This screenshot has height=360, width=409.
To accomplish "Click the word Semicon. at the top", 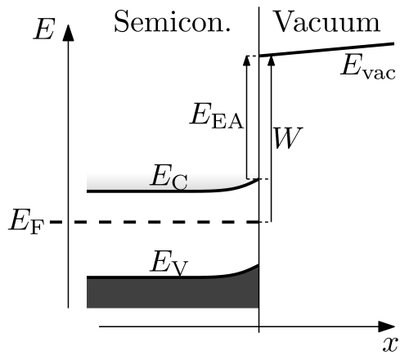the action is tap(173, 21).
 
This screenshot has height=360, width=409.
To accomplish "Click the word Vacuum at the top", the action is tap(326, 21).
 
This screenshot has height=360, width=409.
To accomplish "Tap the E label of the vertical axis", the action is tap(44, 29).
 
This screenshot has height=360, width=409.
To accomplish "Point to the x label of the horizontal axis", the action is tap(390, 344).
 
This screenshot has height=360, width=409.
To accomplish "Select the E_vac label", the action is tap(368, 66).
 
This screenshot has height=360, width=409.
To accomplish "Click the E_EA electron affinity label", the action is tap(217, 115).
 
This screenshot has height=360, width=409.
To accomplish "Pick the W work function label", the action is tap(288, 137).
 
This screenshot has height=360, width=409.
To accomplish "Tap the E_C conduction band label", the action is tap(169, 177).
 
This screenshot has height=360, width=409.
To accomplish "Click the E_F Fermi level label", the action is tap(26, 222).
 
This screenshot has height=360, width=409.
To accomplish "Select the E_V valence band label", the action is tap(169, 263).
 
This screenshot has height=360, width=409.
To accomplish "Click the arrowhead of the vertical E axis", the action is tap(68, 33).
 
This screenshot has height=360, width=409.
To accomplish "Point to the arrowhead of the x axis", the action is tap(387, 326).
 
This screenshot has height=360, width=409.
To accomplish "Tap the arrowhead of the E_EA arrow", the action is tap(247, 61).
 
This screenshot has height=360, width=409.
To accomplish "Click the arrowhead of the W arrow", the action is tap(272, 61).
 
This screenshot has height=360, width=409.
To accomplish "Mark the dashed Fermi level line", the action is tap(155, 222).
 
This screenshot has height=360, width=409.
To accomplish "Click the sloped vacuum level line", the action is tap(326, 50).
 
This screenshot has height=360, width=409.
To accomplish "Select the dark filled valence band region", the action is tap(173, 292).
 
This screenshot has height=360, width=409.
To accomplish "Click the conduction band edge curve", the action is tap(173, 191).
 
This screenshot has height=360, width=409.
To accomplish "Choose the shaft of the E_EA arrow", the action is tap(247, 122).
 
